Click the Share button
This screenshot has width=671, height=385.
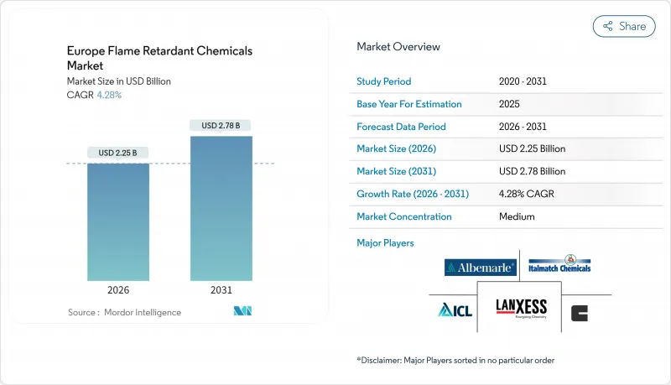624,26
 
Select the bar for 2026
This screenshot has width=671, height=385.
118,222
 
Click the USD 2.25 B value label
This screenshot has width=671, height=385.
118,153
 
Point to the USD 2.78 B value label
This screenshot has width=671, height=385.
221,126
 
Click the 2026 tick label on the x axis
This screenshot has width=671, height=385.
118,289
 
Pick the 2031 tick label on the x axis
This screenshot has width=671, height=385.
221,289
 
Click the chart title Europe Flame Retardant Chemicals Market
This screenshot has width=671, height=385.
159,58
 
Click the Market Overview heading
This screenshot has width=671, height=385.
398,47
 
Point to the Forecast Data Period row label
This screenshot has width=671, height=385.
402,127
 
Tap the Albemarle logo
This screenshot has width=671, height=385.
481,268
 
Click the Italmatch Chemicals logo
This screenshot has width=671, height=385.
560,264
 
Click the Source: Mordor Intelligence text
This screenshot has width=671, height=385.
124,312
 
